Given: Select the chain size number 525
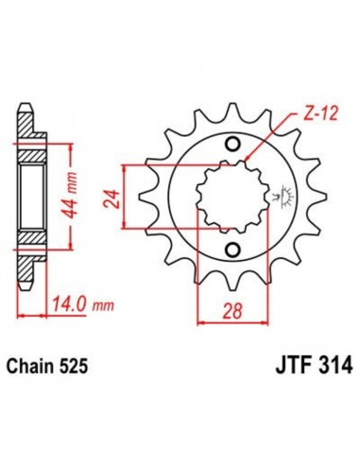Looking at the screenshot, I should (81, 364).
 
